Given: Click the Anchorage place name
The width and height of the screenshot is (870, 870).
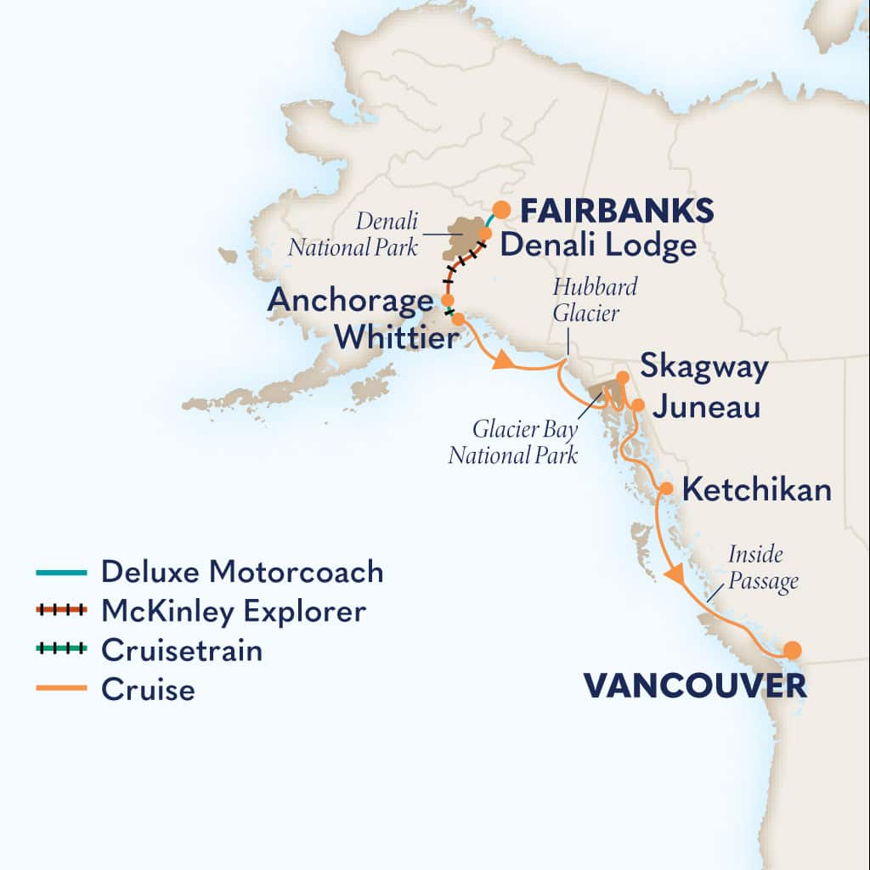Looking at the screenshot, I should coord(350,301).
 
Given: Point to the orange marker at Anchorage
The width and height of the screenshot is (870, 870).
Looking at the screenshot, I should coord(447,300).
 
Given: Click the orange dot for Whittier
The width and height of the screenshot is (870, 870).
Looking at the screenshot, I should coord(458,319).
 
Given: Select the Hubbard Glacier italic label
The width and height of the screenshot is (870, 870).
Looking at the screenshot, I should coord(595,300).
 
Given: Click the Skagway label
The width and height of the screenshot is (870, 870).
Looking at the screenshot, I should coord(704,368).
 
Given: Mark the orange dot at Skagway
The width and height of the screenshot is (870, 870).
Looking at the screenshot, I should coord(623,377).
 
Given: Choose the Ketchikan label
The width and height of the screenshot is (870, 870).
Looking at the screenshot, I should coord(757,490).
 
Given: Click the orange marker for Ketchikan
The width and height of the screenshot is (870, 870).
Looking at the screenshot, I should coord(668,489).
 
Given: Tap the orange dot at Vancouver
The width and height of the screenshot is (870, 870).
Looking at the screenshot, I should coord(792,651).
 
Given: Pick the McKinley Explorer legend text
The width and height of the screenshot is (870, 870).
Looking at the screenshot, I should coord(234,611).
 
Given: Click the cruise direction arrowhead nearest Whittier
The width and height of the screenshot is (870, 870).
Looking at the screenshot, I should coord(503,362).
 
